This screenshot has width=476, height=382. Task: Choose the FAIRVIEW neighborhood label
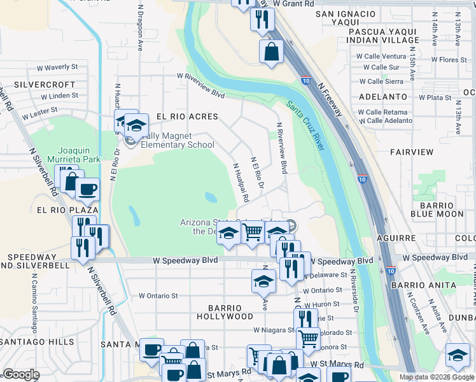tap(411, 152)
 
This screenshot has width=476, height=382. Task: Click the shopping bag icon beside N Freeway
tap(271, 52)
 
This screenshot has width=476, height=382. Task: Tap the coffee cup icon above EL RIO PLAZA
tap(87, 189)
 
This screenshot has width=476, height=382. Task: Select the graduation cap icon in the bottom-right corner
tap(458, 355)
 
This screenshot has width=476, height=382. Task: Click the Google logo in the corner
tap(21, 374)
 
